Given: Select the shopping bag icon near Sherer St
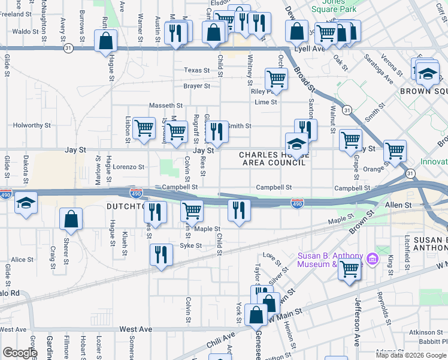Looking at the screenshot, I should tap(71, 220).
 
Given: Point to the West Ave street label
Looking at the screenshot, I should tap(136, 329).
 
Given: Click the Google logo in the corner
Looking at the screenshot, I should tap(19, 353).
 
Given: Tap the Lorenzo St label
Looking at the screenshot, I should tap(129, 167).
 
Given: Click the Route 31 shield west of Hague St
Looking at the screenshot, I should tap(68, 47).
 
